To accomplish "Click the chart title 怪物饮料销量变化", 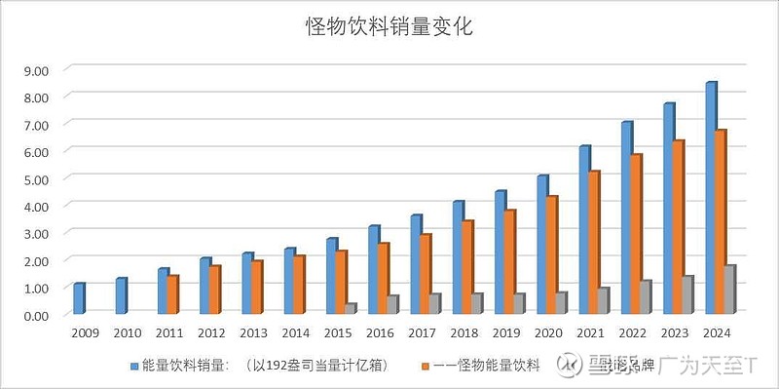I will [x=389, y=27].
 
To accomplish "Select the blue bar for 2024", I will [x=711, y=200].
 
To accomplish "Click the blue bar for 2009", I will [x=78, y=299].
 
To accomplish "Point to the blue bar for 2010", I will [x=120, y=296].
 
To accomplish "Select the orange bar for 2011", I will [x=173, y=295].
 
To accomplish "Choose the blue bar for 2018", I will [x=458, y=258].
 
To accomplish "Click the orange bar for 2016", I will [x=384, y=279].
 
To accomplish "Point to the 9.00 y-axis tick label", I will [x=35, y=70].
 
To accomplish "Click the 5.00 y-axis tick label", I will [x=35, y=179].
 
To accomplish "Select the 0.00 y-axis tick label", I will [x=35, y=316].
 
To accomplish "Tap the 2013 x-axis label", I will [x=253, y=333].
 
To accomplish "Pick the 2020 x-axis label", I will [x=548, y=333].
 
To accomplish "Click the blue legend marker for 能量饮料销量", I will [x=134, y=366].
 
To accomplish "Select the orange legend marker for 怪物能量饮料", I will [x=425, y=366].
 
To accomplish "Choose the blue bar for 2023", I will [x=669, y=210].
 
